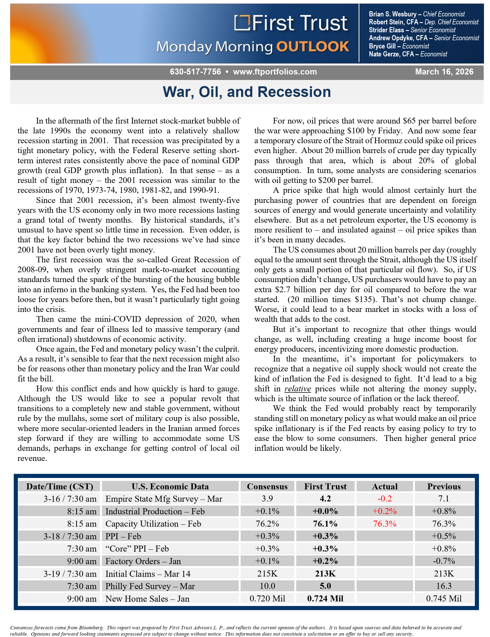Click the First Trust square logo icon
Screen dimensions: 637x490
[242, 23]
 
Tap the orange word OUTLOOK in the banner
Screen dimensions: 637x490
[312, 47]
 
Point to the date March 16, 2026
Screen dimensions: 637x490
[444, 72]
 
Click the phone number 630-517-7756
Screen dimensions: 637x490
[195, 72]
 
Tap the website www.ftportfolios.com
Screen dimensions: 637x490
[275, 72]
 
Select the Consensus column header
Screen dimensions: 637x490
[267, 486]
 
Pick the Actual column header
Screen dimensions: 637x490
[384, 486]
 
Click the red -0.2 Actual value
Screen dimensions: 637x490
[384, 499]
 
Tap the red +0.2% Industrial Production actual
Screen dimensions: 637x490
[384, 511]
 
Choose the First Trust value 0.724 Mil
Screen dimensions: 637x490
[325, 599]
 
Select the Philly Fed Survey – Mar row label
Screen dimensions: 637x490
[150, 586]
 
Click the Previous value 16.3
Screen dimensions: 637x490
[444, 586]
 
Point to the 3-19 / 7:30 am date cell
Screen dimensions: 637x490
[70, 574]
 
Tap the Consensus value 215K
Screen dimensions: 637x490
[267, 574]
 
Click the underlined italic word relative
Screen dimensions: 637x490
[298, 389]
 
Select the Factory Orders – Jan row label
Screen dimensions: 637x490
[143, 561]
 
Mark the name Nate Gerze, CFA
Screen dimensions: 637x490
[391, 54]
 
